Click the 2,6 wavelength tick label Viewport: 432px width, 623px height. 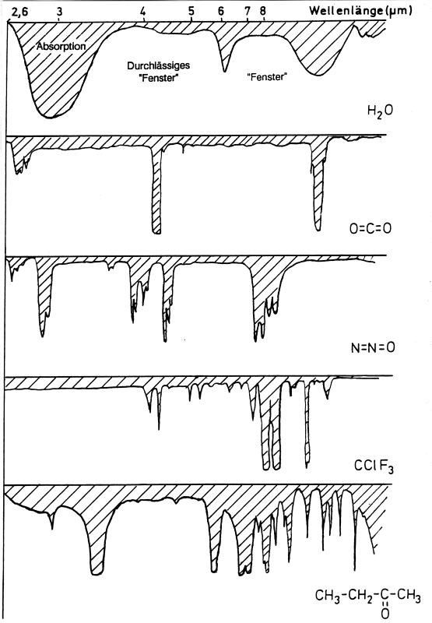click(20, 12)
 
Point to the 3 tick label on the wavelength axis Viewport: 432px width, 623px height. click(59, 12)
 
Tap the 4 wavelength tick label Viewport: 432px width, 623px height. click(143, 12)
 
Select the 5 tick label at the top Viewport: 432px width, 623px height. click(191, 12)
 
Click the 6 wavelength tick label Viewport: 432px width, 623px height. click(221, 11)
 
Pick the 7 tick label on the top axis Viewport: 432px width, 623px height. click(248, 11)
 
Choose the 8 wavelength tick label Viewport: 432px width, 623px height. click(263, 11)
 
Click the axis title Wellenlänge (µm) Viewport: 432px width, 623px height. click(360, 10)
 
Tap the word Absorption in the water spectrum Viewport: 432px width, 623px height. click(61, 47)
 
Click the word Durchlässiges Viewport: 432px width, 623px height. click(159, 65)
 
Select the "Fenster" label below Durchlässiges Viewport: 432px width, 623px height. click(159, 78)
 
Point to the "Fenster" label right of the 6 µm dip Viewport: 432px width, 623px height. click(267, 76)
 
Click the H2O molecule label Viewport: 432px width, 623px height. click(380, 111)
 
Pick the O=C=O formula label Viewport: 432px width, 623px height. click(371, 228)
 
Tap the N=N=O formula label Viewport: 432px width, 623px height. click(373, 347)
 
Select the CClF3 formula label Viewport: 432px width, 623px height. click(374, 466)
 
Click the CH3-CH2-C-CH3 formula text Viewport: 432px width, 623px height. click(368, 595)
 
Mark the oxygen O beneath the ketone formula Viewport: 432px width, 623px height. click(385, 614)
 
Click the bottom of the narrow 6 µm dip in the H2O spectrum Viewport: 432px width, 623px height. click(225, 72)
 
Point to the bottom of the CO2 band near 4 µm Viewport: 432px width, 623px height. click(156, 233)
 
